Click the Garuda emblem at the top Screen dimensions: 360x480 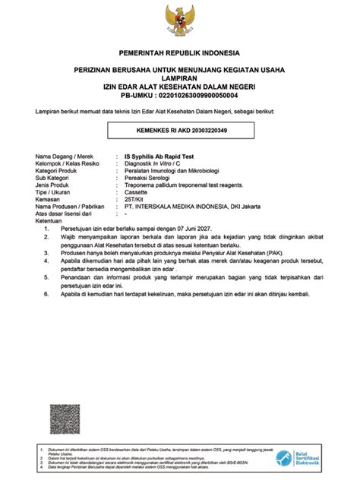coord(179,20)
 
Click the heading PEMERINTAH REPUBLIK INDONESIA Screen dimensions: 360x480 coord(179,53)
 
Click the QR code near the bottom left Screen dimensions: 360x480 coord(65,418)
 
